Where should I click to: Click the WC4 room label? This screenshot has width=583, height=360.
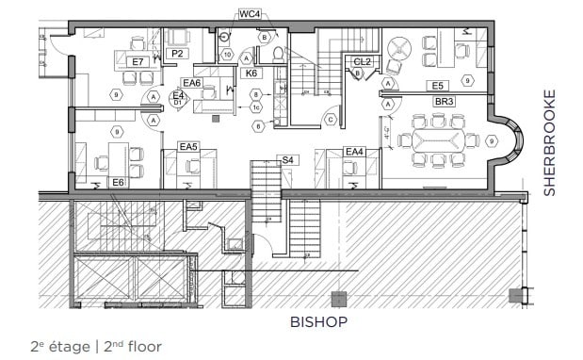[249, 14]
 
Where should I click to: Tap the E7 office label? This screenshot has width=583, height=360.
[138, 61]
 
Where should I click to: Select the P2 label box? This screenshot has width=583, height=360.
[176, 55]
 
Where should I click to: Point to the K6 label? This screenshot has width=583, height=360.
[251, 73]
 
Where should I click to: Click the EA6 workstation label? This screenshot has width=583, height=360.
[191, 83]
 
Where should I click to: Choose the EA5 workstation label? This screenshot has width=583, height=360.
[188, 146]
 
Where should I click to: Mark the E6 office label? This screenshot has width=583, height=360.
[119, 181]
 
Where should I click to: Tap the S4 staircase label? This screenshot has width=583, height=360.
[287, 160]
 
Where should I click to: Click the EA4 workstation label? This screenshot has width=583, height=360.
[354, 151]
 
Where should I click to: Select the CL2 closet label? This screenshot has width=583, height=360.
[362, 61]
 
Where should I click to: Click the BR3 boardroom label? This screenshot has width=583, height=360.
[444, 100]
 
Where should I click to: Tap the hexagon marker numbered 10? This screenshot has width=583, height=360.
[228, 55]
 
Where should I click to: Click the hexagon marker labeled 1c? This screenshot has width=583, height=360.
[255, 108]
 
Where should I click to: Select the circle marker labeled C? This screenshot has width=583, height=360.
[330, 119]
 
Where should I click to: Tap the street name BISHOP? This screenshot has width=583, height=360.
[318, 322]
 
